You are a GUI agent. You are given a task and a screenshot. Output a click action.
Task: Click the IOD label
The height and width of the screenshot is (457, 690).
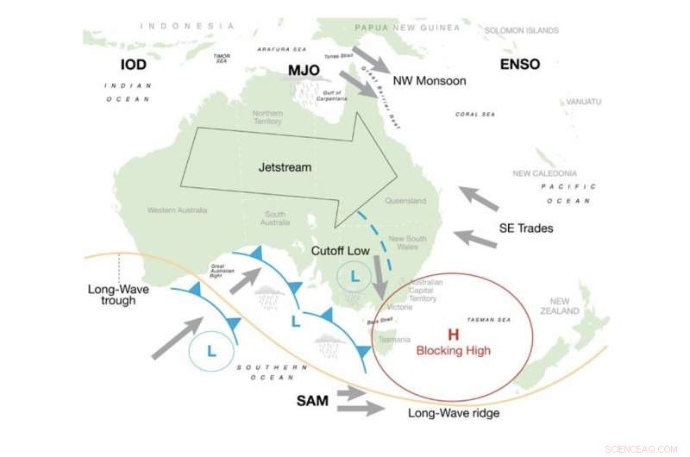tap(134, 65)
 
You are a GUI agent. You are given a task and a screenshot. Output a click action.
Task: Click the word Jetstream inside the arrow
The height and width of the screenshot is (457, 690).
tap(285, 166)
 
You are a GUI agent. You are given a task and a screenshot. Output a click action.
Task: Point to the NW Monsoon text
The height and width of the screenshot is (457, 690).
tap(429, 81)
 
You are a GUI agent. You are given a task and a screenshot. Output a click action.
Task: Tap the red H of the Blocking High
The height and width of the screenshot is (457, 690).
tap(453, 335)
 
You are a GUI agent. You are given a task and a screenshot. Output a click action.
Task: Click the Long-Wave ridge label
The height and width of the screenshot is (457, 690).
tap(454, 413)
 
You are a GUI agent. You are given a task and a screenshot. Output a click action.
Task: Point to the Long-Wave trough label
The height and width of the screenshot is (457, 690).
tap(119, 295)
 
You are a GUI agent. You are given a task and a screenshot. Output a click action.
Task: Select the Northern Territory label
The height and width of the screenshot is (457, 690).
tap(267, 118)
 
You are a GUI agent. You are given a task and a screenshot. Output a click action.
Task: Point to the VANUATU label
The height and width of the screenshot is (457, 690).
tap(584, 102)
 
